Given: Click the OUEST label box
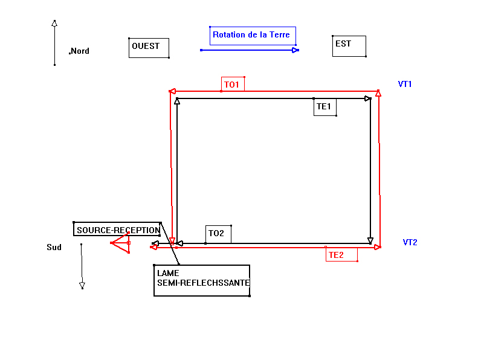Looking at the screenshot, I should (x=148, y=47).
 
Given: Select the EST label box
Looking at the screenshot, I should (x=349, y=45).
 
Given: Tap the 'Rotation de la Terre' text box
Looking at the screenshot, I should (x=252, y=35).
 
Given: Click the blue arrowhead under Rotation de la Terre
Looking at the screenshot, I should (x=295, y=50).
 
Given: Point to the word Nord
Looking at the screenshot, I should (x=80, y=51).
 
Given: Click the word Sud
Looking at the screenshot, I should (x=54, y=247).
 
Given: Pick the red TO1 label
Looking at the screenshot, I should (x=233, y=85).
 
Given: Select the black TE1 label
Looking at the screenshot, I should (x=324, y=107).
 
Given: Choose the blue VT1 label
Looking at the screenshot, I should (x=405, y=84).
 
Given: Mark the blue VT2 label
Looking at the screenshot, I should (x=410, y=242).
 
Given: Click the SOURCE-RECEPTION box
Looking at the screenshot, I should (x=118, y=230).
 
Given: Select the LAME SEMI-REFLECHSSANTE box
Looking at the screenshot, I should (x=202, y=280).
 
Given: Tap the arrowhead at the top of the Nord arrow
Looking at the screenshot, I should (x=54, y=24).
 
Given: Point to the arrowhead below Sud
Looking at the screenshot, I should (x=82, y=285).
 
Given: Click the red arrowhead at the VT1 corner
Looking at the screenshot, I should (x=378, y=93).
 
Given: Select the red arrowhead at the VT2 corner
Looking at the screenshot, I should (x=378, y=247).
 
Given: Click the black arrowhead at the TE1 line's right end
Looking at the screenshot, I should (x=367, y=98).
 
